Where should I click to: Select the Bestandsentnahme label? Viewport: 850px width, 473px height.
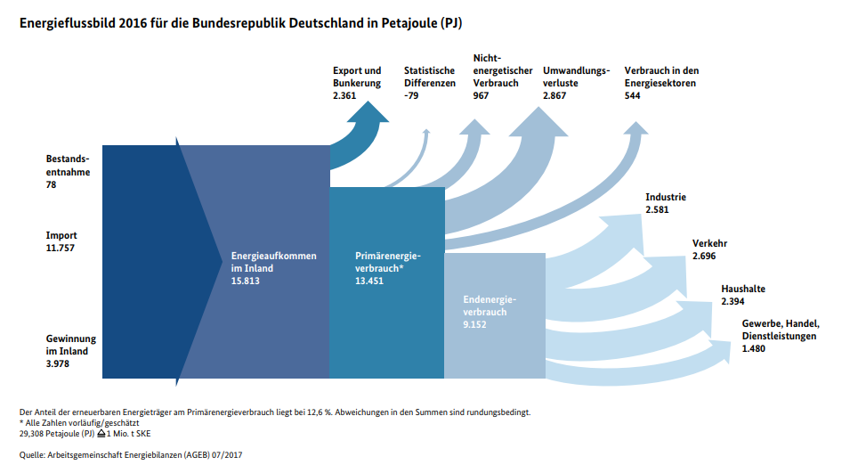tap(68, 166)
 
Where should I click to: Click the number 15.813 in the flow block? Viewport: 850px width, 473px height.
tap(245, 281)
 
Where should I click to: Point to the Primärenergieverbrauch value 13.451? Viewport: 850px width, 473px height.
tap(369, 281)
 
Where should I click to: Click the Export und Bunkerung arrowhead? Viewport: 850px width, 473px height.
tap(368, 111)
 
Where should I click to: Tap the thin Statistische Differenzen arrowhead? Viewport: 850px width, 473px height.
tap(426, 134)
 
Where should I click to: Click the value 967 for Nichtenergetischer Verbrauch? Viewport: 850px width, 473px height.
tap(482, 95)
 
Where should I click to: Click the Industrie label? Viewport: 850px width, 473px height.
tap(666, 197)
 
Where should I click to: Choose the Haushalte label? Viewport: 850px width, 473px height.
tap(743, 289)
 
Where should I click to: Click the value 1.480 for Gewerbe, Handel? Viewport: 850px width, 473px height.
tap(754, 348)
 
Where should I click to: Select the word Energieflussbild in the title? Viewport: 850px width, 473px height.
tap(66, 20)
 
